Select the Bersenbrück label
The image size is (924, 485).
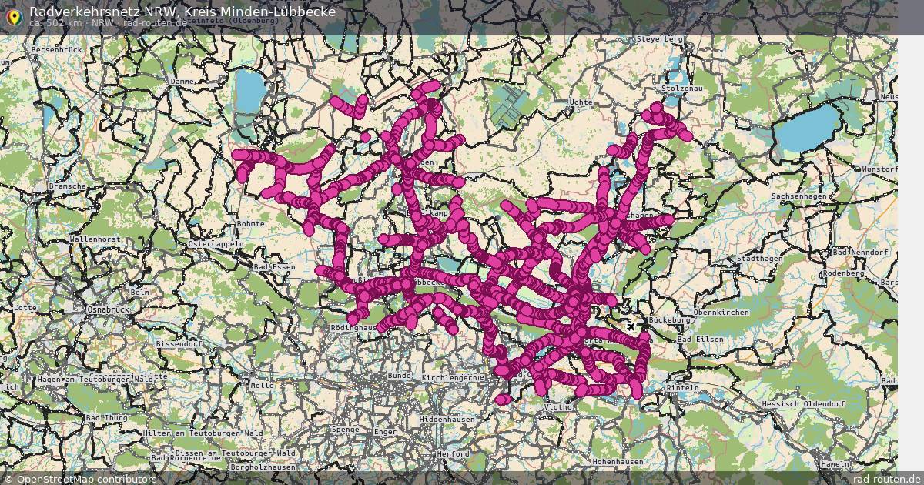56,49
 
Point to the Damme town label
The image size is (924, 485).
182,81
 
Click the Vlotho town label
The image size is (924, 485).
557,406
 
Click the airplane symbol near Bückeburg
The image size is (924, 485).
631,327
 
